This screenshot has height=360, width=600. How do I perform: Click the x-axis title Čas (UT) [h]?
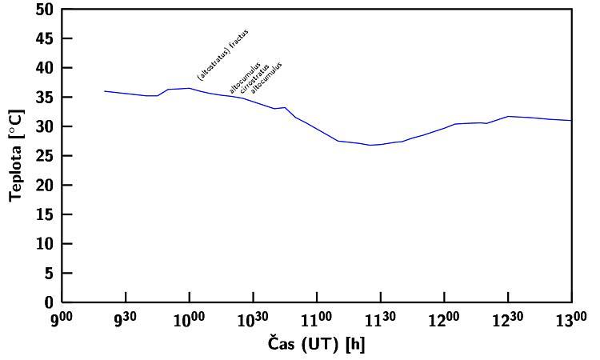pos(318,345)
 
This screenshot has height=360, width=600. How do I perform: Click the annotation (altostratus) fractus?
pos(223,54)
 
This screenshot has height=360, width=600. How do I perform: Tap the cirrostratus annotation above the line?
pos(254,77)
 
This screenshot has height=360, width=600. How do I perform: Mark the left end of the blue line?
pos(105,91)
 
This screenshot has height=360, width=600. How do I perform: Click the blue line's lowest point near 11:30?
pos(370,145)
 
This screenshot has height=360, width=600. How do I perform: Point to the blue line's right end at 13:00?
pos(571,121)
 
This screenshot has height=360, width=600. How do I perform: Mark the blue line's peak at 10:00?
pos(189,88)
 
